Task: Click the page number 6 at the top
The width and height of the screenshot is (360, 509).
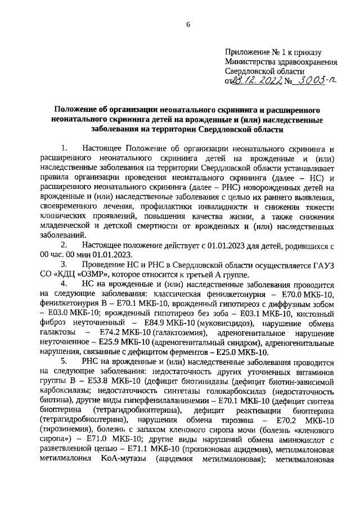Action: [x=188, y=24]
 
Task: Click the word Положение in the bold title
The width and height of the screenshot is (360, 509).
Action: [x=75, y=109]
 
